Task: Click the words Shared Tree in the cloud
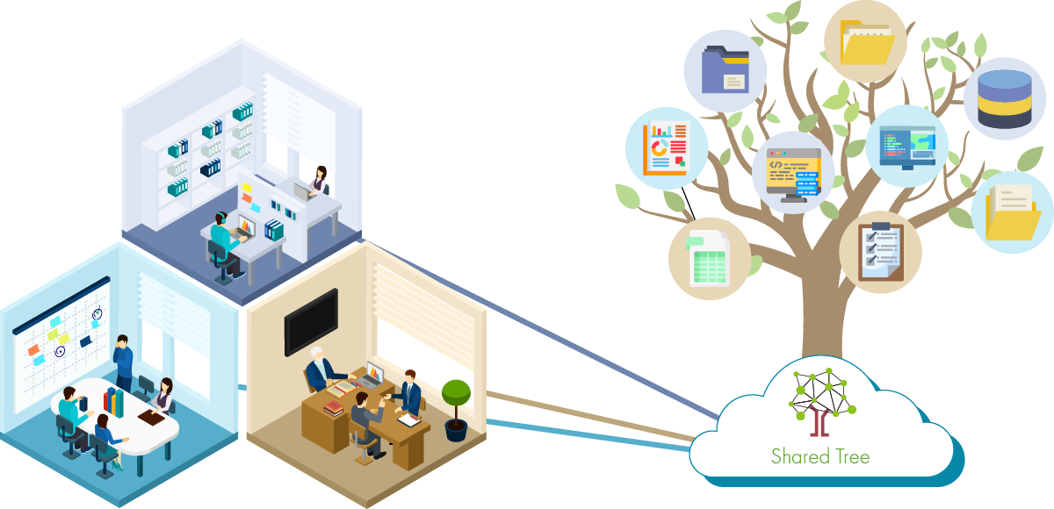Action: click(x=820, y=456)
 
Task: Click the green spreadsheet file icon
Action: click(x=708, y=259)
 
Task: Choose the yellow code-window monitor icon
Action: click(x=792, y=173)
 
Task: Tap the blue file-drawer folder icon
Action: click(x=725, y=70)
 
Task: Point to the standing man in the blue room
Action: click(x=123, y=362)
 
